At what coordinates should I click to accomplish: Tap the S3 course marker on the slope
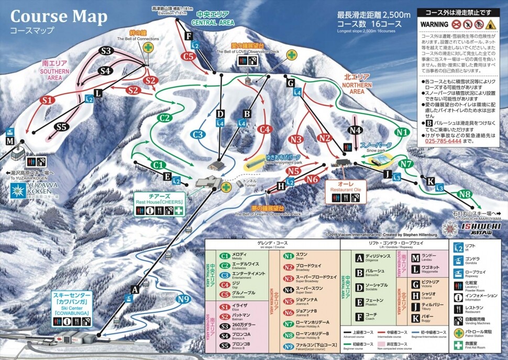(107, 51)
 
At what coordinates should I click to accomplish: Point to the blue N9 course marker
(182, 299)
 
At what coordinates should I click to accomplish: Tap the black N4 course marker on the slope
(355, 130)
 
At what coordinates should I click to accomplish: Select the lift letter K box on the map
(430, 181)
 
